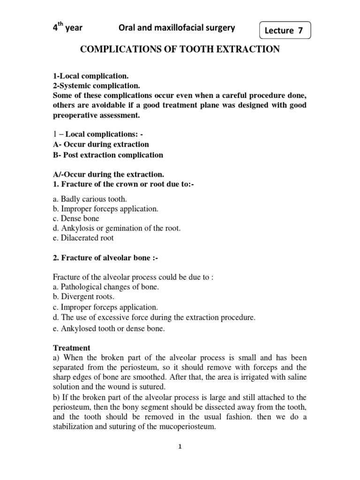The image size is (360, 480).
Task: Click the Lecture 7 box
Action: pyautogui.click(x=284, y=31)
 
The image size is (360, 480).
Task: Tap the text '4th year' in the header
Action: pyautogui.click(x=67, y=28)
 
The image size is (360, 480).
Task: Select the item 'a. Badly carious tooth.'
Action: pyautogui.click(x=89, y=199)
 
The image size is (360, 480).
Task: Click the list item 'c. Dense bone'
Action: pyautogui.click(x=75, y=218)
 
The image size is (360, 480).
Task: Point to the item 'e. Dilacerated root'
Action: pyautogui.click(x=82, y=238)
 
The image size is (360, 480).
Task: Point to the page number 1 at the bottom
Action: pyautogui.click(x=180, y=447)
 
